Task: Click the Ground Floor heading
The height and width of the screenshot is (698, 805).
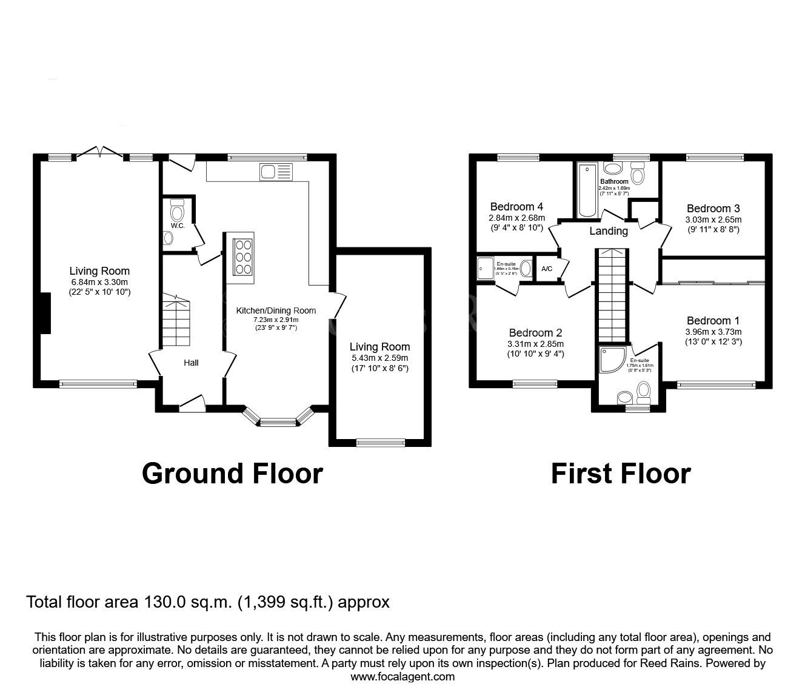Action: pyautogui.click(x=232, y=474)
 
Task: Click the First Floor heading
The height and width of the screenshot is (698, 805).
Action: pyautogui.click(x=621, y=474)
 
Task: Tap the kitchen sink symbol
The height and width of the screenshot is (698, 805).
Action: pyautogui.click(x=276, y=172)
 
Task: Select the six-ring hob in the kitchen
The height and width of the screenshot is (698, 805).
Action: pyautogui.click(x=243, y=257)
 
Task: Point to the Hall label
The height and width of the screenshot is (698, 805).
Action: pyautogui.click(x=191, y=363)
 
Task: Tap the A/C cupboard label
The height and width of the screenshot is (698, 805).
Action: pyautogui.click(x=546, y=269)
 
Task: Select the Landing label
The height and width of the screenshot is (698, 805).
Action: pyautogui.click(x=609, y=231)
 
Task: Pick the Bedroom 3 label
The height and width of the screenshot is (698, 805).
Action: pyautogui.click(x=713, y=209)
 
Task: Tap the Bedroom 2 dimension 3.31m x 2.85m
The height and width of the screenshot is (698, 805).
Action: pyautogui.click(x=535, y=344)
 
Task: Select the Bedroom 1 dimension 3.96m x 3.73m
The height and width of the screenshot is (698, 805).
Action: pyautogui.click(x=713, y=332)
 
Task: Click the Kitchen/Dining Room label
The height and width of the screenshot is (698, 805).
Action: pyautogui.click(x=276, y=310)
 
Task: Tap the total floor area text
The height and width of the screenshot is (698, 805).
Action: pyautogui.click(x=207, y=602)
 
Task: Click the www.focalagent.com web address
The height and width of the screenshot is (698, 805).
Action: pyautogui.click(x=402, y=677)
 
